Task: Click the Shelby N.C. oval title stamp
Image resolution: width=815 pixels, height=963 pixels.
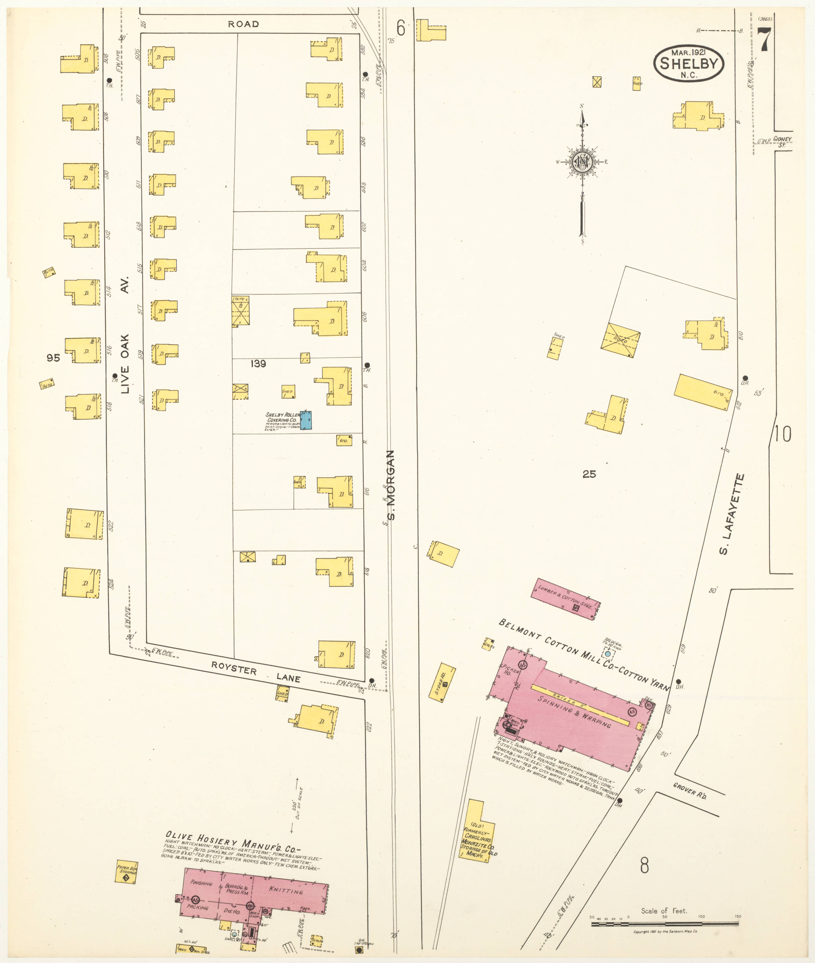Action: coord(688,64)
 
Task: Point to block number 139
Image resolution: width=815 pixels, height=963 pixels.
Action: coord(258,364)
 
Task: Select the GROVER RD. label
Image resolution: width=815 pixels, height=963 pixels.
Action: coord(689,791)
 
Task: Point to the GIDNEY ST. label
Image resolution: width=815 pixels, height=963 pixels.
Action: coord(782,141)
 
